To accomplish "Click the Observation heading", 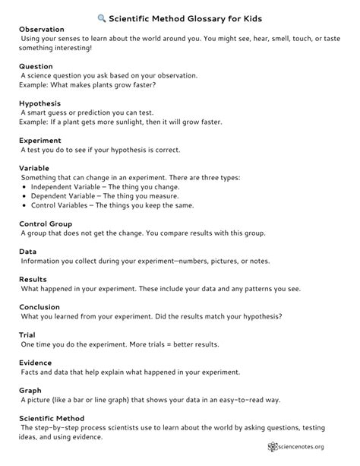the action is pyautogui.click(x=41, y=30).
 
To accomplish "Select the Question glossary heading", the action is pyautogui.click(x=36, y=66).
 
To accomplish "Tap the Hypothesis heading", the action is pyautogui.click(x=39, y=103).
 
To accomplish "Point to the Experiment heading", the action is pyautogui.click(x=39, y=139).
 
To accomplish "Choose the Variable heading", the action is pyautogui.click(x=35, y=168).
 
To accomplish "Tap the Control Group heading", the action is pyautogui.click(x=46, y=224).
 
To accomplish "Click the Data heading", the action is pyautogui.click(x=27, y=252).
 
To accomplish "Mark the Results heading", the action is pyautogui.click(x=33, y=280).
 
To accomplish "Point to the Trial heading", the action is pyautogui.click(x=27, y=334).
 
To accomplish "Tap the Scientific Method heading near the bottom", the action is pyautogui.click(x=51, y=418).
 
